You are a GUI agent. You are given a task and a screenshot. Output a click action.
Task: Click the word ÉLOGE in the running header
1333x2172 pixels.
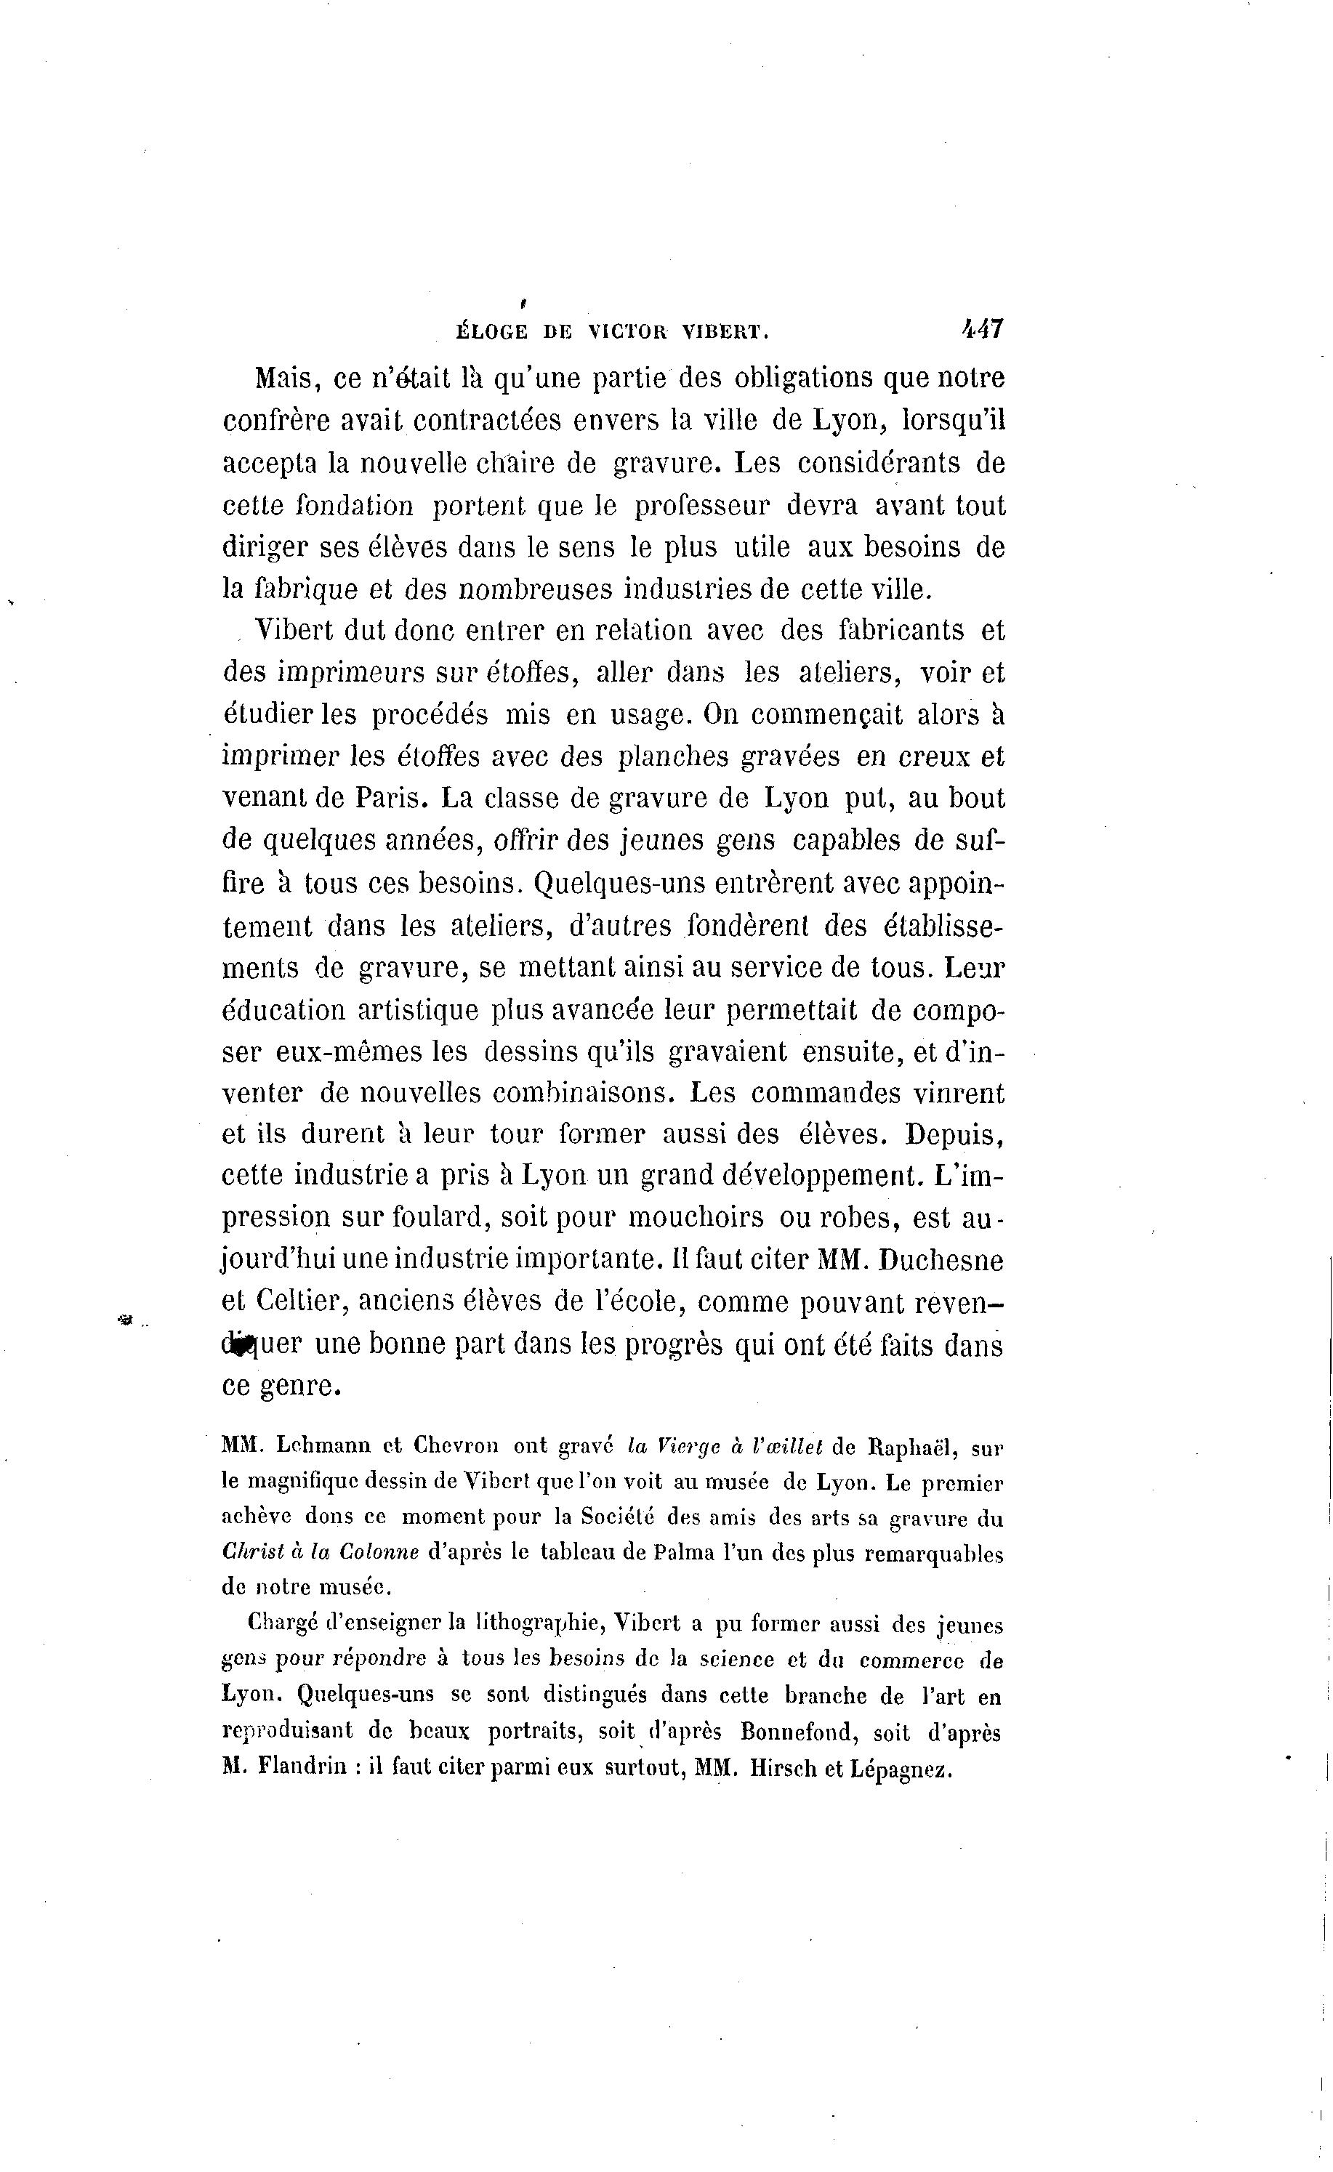coord(492,332)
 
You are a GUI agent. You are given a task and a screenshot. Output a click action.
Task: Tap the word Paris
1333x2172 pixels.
coord(392,799)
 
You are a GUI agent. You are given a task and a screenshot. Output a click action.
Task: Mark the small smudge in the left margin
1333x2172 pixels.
coord(124,1320)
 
